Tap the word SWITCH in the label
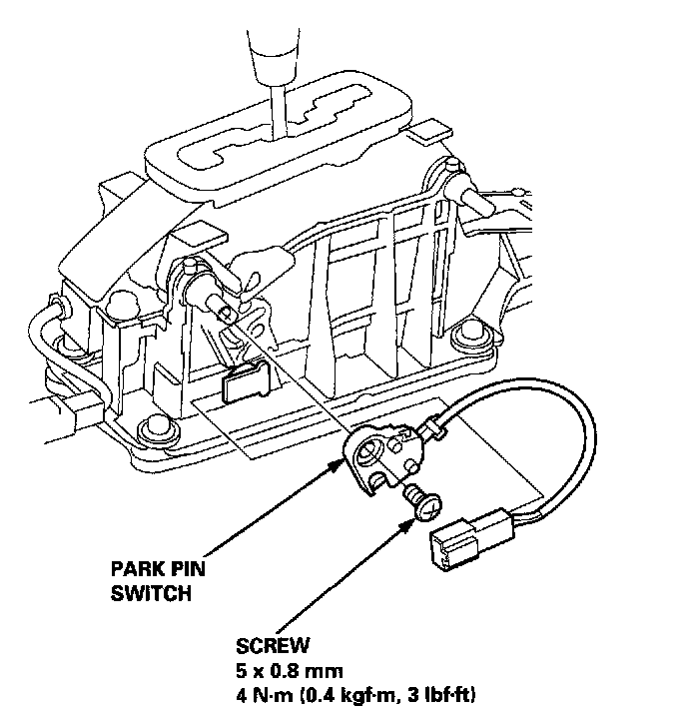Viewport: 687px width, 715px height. (150, 594)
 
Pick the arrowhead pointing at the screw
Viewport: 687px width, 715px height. (415, 512)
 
